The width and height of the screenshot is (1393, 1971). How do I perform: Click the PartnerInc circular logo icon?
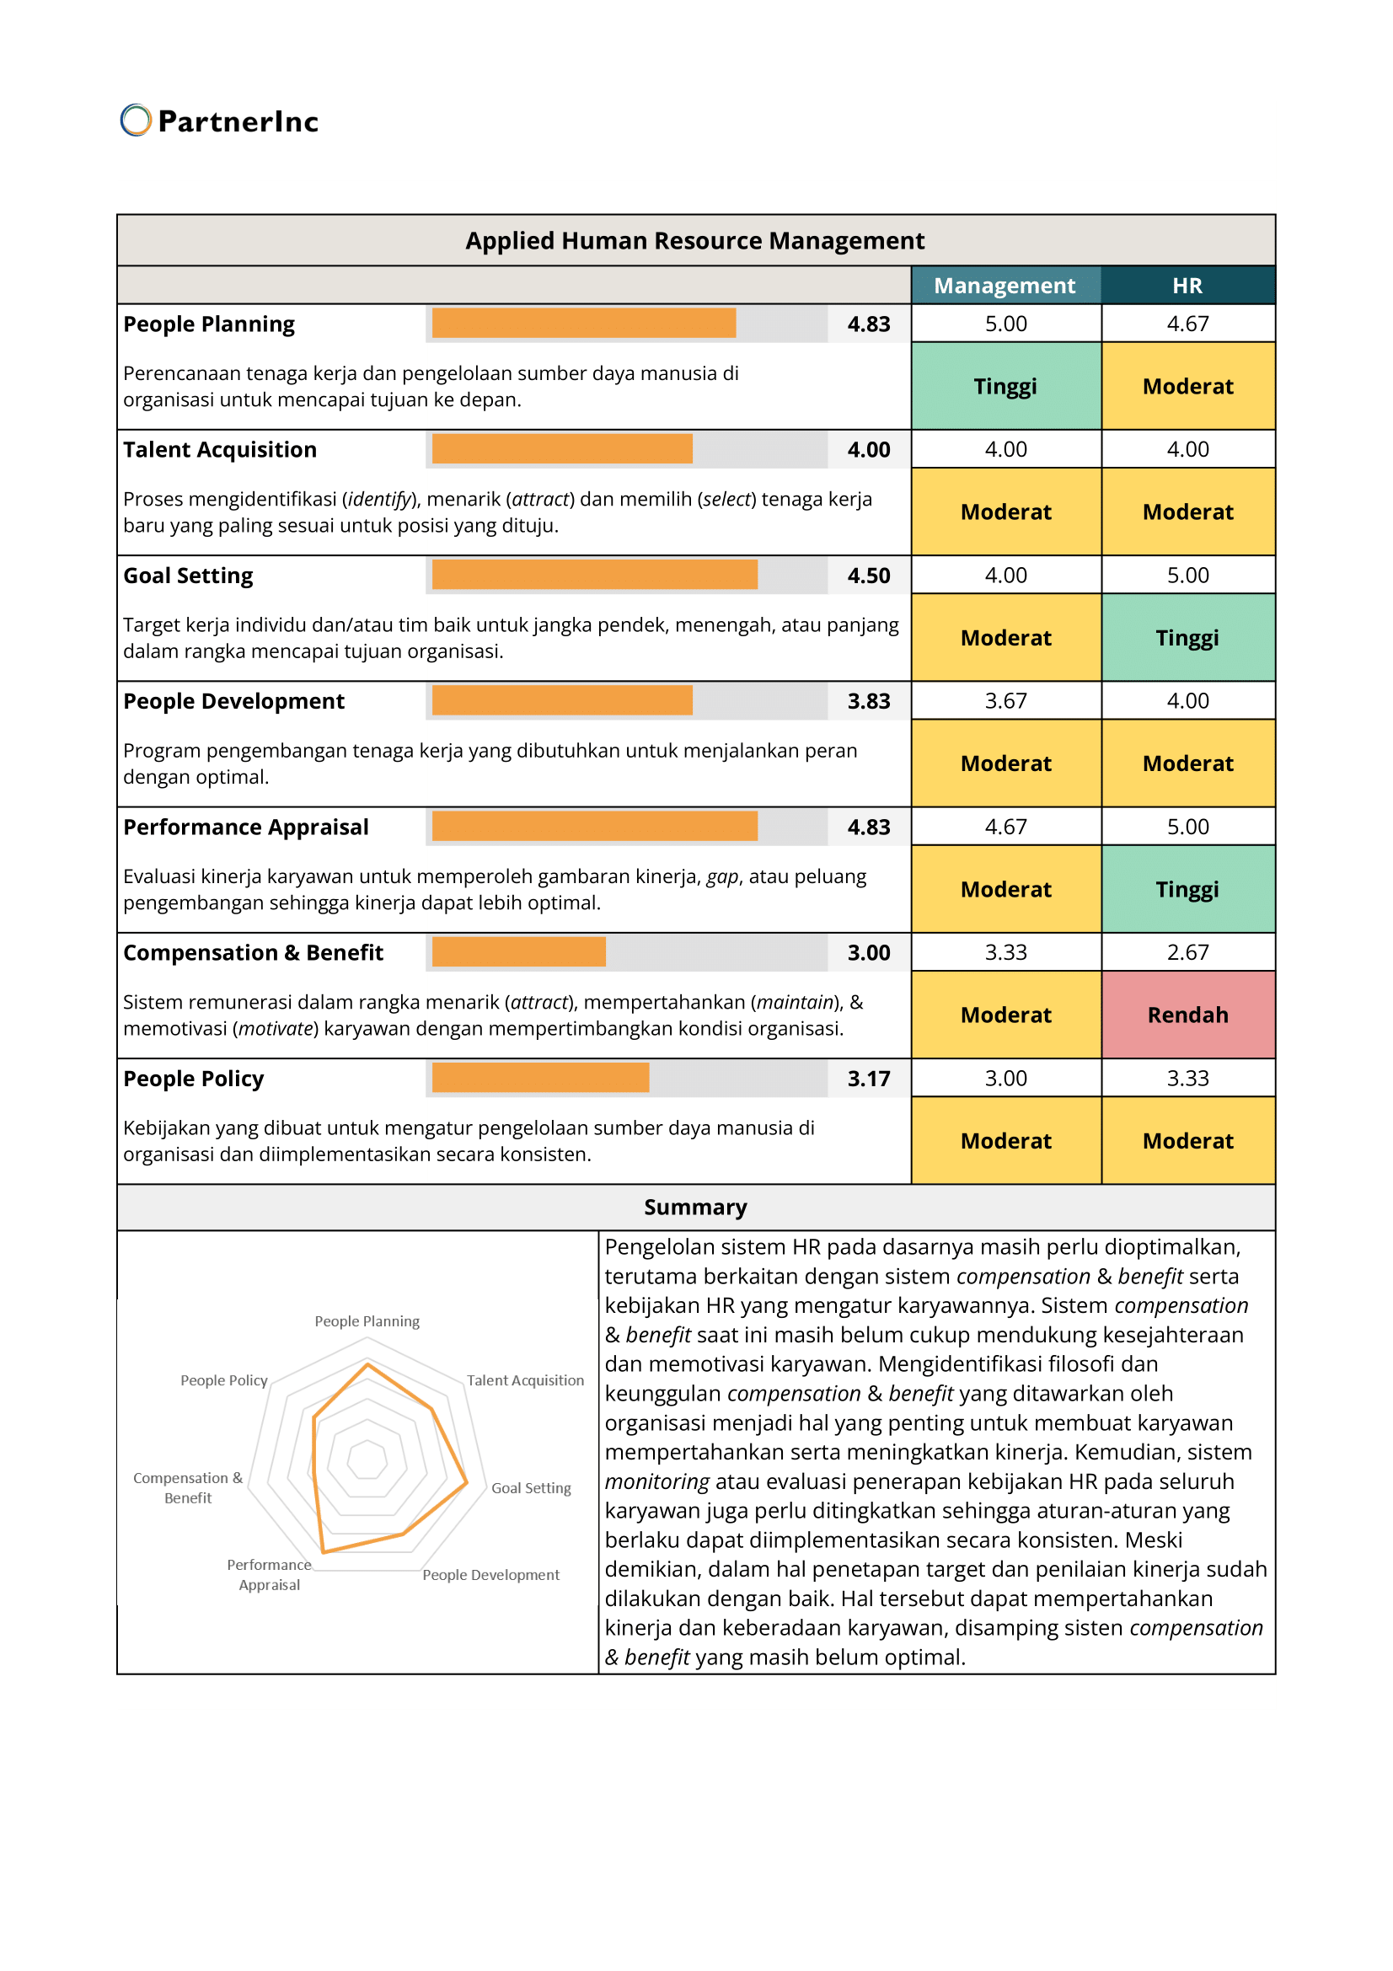point(136,121)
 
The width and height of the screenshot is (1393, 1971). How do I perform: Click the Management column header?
point(1005,286)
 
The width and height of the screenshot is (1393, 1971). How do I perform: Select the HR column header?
point(1187,286)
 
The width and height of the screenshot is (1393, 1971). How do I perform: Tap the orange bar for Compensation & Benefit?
point(518,952)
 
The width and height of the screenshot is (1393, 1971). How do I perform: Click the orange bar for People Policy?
point(540,1078)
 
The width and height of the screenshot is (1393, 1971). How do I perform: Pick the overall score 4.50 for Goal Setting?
point(869,576)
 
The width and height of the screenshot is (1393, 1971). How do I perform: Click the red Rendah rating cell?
point(1187,1015)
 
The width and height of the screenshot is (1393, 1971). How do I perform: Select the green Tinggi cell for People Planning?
point(1005,386)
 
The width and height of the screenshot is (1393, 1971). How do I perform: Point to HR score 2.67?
point(1187,952)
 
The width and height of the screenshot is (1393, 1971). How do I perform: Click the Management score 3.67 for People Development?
point(1005,700)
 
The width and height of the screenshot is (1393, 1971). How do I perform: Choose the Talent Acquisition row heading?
point(220,450)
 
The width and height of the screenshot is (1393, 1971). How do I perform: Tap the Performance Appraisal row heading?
point(245,827)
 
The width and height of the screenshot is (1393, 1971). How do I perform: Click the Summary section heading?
point(695,1207)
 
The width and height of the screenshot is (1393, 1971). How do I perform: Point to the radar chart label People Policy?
point(224,1380)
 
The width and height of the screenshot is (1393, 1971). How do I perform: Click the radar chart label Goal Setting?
point(530,1487)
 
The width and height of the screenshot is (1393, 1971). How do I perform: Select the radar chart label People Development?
point(490,1574)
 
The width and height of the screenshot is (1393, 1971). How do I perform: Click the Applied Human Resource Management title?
point(695,240)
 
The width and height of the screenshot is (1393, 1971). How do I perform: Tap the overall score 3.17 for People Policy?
point(869,1079)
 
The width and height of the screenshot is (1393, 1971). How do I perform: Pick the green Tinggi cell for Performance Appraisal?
point(1187,889)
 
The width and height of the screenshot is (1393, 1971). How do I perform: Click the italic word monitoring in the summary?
point(656,1481)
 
